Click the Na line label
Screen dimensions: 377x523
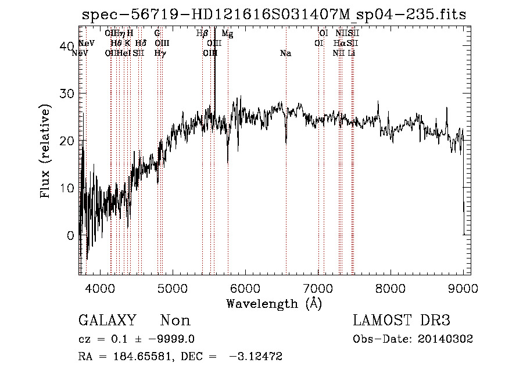[x=285, y=53]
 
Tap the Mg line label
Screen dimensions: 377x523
[x=227, y=34]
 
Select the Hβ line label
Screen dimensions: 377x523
[x=202, y=34]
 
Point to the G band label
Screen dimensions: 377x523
[x=157, y=34]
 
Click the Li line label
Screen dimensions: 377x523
[x=352, y=53]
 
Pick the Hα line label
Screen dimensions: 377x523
[x=340, y=43]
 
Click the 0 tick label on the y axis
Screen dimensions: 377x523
[x=70, y=235]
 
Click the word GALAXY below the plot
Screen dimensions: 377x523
[x=108, y=321]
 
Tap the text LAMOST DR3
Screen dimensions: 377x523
[x=401, y=321]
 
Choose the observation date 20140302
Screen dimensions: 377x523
[x=447, y=339]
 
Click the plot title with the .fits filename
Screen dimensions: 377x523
[x=274, y=14]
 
